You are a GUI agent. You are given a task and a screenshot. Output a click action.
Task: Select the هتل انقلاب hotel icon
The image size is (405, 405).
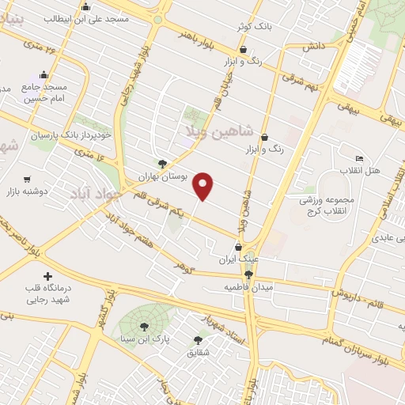358,158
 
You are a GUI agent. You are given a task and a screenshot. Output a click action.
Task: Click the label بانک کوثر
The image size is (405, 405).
255,27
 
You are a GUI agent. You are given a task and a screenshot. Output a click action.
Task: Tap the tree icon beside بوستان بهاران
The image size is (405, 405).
162,165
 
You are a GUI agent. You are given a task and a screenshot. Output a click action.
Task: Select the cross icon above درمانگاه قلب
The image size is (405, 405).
49,277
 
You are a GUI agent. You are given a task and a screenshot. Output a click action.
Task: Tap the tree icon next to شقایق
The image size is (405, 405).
197,340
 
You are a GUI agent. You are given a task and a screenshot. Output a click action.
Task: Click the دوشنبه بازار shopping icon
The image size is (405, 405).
28,180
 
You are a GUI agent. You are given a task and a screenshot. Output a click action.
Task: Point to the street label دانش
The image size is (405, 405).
313,47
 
